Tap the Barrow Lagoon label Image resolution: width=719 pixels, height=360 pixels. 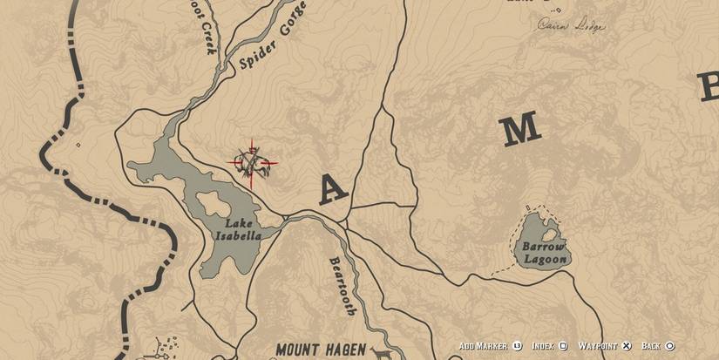click(545, 253)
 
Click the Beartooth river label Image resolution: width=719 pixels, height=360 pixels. click(342, 286)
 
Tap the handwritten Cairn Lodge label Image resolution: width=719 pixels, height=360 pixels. click(570, 24)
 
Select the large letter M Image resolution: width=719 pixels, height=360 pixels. click(519, 130)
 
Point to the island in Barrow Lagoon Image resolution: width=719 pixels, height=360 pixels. click(548, 234)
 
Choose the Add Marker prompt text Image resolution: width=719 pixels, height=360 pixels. click(483, 346)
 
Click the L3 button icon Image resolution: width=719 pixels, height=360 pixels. click(517, 346)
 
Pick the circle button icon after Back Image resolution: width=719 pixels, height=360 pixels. click(670, 346)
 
